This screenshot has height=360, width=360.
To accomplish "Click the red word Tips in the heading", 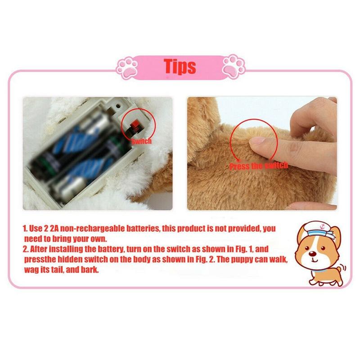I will pyautogui.click(x=180, y=66).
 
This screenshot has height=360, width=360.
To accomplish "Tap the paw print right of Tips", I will pyautogui.click(x=233, y=66).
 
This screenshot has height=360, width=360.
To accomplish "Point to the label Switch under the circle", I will pyautogui.click(x=141, y=141).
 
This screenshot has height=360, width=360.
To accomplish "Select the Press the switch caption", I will pyautogui.click(x=258, y=166).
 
